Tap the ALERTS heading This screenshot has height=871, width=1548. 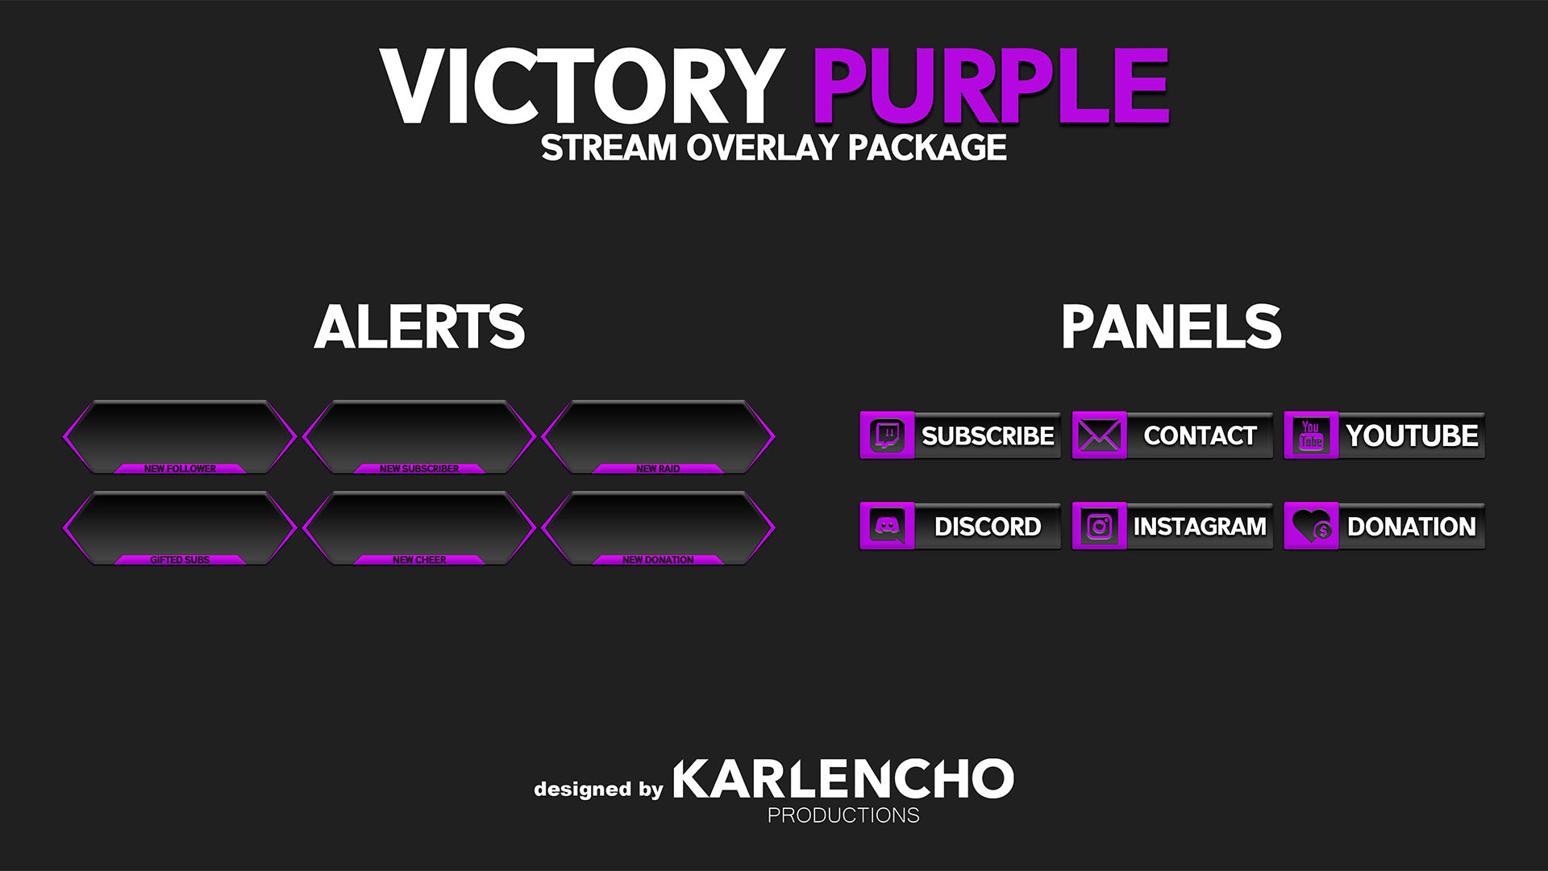pos(419,327)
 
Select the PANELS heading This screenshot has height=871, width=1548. pos(1171,327)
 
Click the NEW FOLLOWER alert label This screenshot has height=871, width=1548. pos(180,469)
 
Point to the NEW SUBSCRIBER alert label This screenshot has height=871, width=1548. pos(419,469)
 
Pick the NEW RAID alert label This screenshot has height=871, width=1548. pos(658,469)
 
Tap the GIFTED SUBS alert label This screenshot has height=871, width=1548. pos(180,560)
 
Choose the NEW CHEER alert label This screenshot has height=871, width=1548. pos(419,560)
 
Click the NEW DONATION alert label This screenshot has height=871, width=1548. pos(658,560)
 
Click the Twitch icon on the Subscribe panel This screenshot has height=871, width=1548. pos(887,435)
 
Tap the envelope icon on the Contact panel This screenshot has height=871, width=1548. pos(1099,435)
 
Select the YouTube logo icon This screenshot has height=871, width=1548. pos(1311,435)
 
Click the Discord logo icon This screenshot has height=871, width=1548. pos(887,527)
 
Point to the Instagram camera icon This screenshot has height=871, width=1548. pos(1099,527)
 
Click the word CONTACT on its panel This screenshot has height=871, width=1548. pos(1200,435)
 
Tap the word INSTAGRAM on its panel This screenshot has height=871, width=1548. pos(1200,527)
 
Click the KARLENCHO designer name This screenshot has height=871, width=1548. pos(843,778)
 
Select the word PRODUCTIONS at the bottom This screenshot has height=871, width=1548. pos(843,815)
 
